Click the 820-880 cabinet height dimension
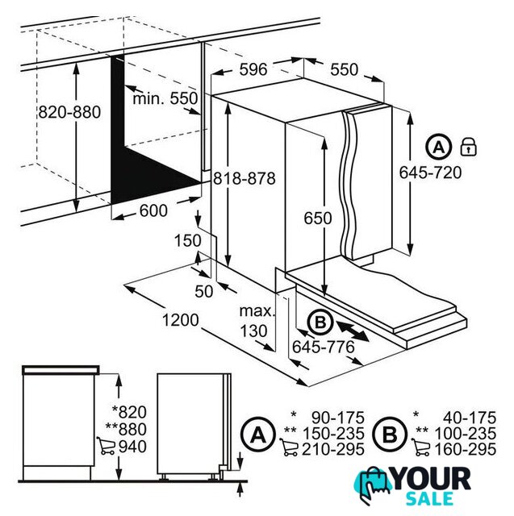[x=69, y=112]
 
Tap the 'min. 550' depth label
[x=165, y=98]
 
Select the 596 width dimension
[x=253, y=69]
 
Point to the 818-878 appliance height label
[x=244, y=179]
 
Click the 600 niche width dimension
[x=153, y=210]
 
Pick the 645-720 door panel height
[x=430, y=173]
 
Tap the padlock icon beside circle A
[x=468, y=147]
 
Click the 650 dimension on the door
[x=318, y=218]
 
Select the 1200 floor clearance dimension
[x=181, y=320]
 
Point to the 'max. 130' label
[x=257, y=321]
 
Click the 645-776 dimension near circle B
[x=324, y=347]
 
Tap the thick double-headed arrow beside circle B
[x=353, y=331]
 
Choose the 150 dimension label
[x=187, y=240]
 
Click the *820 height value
[x=129, y=412]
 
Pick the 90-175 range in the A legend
[x=338, y=418]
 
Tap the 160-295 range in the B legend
[x=466, y=450]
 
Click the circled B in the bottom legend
[x=391, y=435]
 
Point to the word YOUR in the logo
[x=432, y=479]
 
